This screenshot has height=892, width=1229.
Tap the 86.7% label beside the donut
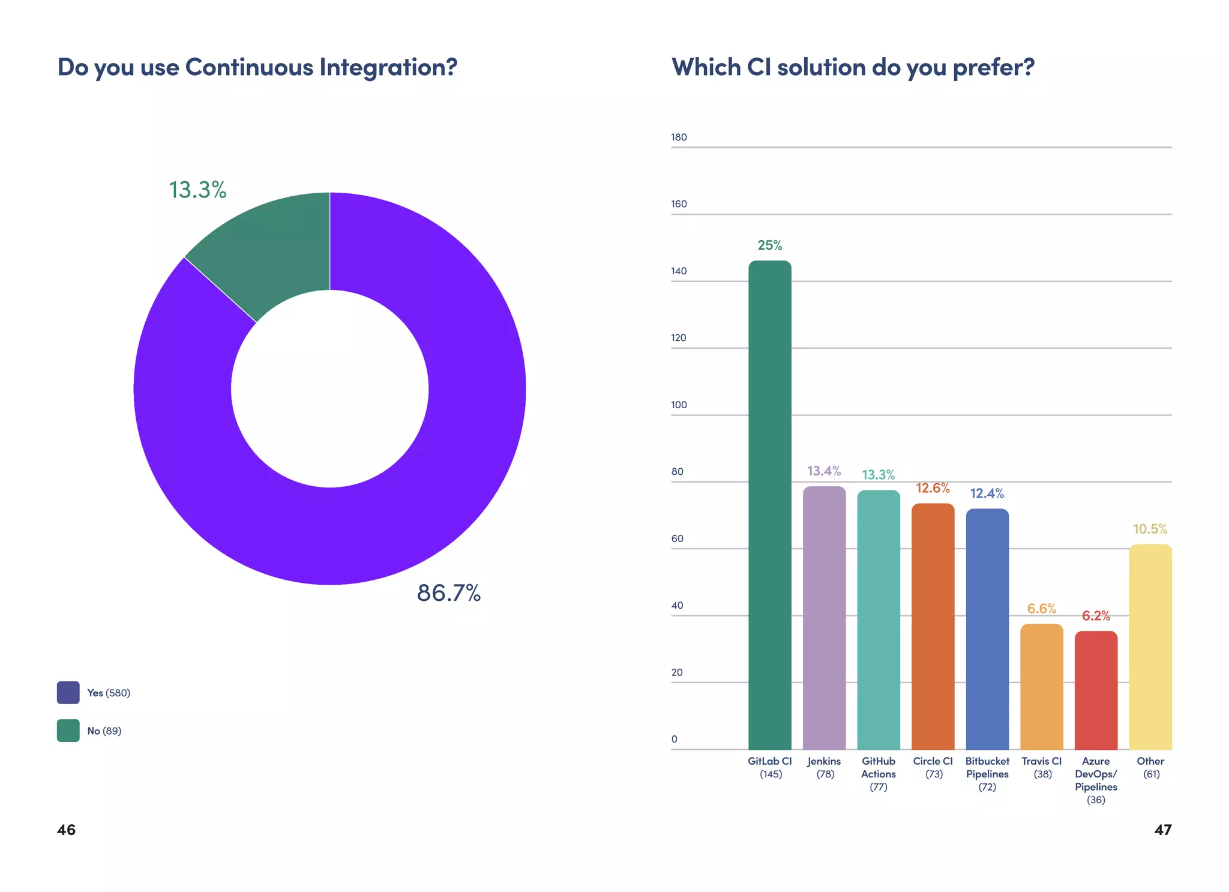pyautogui.click(x=448, y=593)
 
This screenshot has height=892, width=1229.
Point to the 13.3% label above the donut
pyautogui.click(x=197, y=190)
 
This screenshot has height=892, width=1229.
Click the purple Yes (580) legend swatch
pyautogui.click(x=68, y=692)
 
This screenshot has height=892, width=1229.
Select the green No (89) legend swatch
pyautogui.click(x=68, y=731)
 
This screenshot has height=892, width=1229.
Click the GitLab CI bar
pyautogui.click(x=769, y=504)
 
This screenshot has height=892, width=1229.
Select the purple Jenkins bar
pyautogui.click(x=824, y=618)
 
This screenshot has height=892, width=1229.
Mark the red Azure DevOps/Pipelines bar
pyautogui.click(x=1096, y=690)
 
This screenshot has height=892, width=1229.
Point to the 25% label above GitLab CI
pyautogui.click(x=769, y=245)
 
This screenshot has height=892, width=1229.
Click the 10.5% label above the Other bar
pyautogui.click(x=1150, y=529)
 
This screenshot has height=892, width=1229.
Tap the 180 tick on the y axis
pyautogui.click(x=679, y=137)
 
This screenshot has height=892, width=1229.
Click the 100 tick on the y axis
pyautogui.click(x=679, y=405)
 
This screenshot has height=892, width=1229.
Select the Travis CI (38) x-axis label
pyautogui.click(x=1042, y=767)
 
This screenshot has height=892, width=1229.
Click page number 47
pyautogui.click(x=1162, y=830)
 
